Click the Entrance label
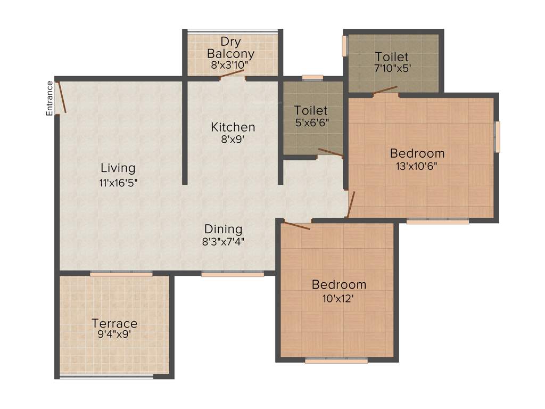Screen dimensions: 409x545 pyautogui.click(x=49, y=97)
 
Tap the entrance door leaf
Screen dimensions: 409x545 pyautogui.click(x=62, y=96)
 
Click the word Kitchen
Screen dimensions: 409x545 pyautogui.click(x=233, y=127)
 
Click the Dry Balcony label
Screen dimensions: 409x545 pyautogui.click(x=230, y=47)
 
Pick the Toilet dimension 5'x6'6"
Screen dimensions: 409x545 pyautogui.click(x=311, y=122)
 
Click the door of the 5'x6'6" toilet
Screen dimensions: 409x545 pyautogui.click(x=331, y=153)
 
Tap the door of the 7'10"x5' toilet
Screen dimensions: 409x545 pyautogui.click(x=385, y=90)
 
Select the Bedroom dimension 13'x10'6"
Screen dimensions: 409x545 pyautogui.click(x=417, y=165)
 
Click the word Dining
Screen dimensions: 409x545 pyautogui.click(x=224, y=229)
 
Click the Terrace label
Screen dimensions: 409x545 pyautogui.click(x=114, y=323)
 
